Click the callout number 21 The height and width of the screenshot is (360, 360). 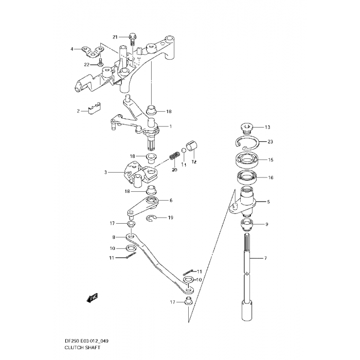[115, 37]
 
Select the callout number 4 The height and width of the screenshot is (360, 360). [73, 49]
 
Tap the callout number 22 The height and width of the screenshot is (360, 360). [87, 64]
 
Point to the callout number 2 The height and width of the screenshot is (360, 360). [79, 111]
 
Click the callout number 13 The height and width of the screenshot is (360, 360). [267, 127]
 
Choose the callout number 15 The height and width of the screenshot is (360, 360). [271, 160]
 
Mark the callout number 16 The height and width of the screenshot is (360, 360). [271, 178]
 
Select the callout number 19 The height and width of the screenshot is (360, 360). [170, 218]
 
